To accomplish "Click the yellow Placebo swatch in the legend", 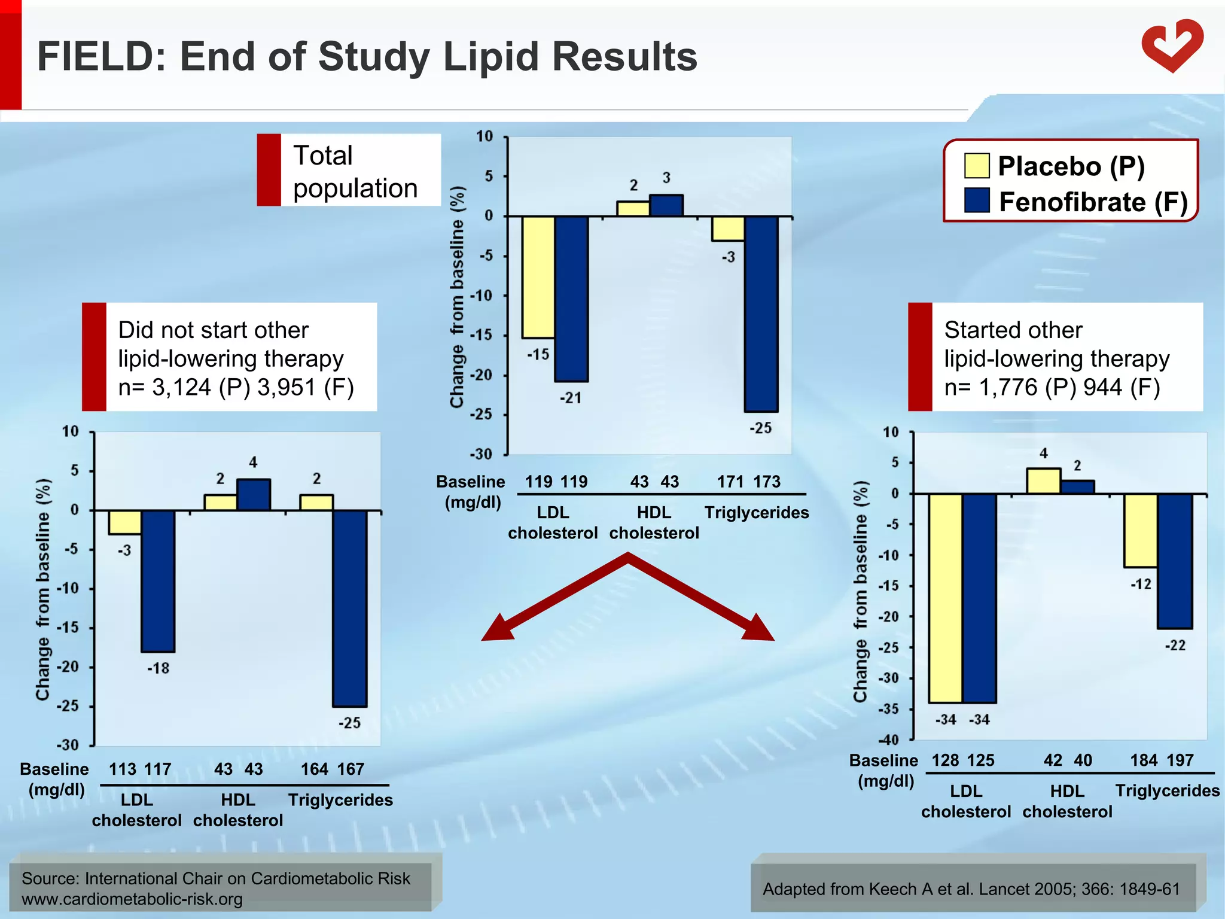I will coord(976,166).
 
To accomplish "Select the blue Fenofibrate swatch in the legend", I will coord(976,201).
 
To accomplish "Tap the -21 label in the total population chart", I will coord(571,398).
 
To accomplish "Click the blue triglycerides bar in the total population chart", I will coord(761,314).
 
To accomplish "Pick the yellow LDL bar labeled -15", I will coord(538,276).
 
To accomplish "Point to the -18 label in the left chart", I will coord(159,668).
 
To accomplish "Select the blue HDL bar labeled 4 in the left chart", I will coord(254,495).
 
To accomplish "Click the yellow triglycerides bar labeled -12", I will coord(1140,530).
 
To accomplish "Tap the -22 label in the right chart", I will coord(1175,646).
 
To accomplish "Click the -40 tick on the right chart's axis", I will coord(889,740).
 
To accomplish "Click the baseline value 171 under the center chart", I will coord(730,482).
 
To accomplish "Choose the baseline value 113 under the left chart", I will coord(122,769).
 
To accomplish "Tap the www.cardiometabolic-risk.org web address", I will coord(132,899).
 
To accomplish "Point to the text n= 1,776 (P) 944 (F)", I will coord(1052,388).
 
